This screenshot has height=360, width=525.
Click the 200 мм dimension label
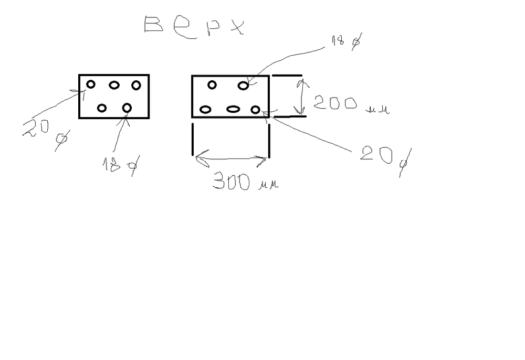pyautogui.click(x=350, y=104)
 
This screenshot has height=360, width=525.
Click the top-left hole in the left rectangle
pyautogui.click(x=91, y=84)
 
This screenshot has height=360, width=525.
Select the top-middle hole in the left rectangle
pyautogui.click(x=114, y=85)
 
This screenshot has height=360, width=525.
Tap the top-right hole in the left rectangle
pyautogui.click(x=136, y=85)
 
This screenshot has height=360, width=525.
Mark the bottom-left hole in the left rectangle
pyautogui.click(x=102, y=108)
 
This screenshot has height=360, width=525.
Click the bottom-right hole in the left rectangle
pyautogui.click(x=127, y=108)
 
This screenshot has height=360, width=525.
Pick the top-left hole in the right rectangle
pyautogui.click(x=212, y=85)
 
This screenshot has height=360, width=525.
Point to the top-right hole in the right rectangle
pyautogui.click(x=243, y=86)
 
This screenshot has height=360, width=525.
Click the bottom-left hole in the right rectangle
pyautogui.click(x=206, y=109)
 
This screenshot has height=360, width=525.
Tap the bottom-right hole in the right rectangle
pyautogui.click(x=255, y=109)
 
